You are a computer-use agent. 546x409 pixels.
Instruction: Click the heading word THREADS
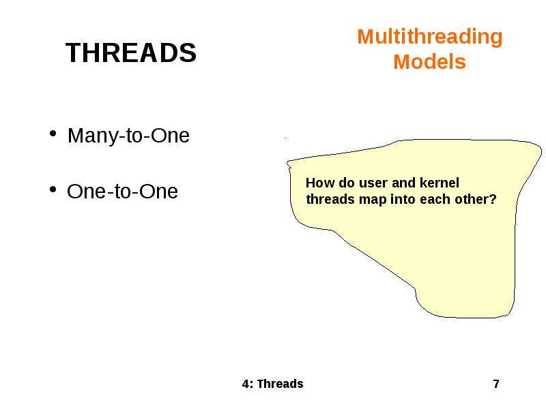click(x=130, y=53)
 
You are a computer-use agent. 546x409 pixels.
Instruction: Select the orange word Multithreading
click(x=429, y=37)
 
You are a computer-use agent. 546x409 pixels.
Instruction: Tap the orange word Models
click(x=429, y=62)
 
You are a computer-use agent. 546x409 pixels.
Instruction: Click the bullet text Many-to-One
click(x=128, y=136)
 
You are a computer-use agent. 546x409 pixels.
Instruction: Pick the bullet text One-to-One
click(x=122, y=192)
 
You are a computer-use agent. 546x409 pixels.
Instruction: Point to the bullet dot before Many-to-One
click(x=53, y=135)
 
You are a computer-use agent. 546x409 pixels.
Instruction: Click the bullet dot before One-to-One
click(x=53, y=191)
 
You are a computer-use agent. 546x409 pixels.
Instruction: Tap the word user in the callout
click(x=373, y=183)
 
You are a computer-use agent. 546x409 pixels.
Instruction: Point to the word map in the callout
click(x=369, y=200)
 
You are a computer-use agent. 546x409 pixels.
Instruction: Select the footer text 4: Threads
click(x=272, y=384)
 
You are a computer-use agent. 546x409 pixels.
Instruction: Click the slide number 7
click(x=496, y=384)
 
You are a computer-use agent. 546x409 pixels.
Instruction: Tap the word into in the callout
click(x=401, y=200)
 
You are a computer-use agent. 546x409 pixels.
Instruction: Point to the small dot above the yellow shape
click(x=285, y=138)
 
